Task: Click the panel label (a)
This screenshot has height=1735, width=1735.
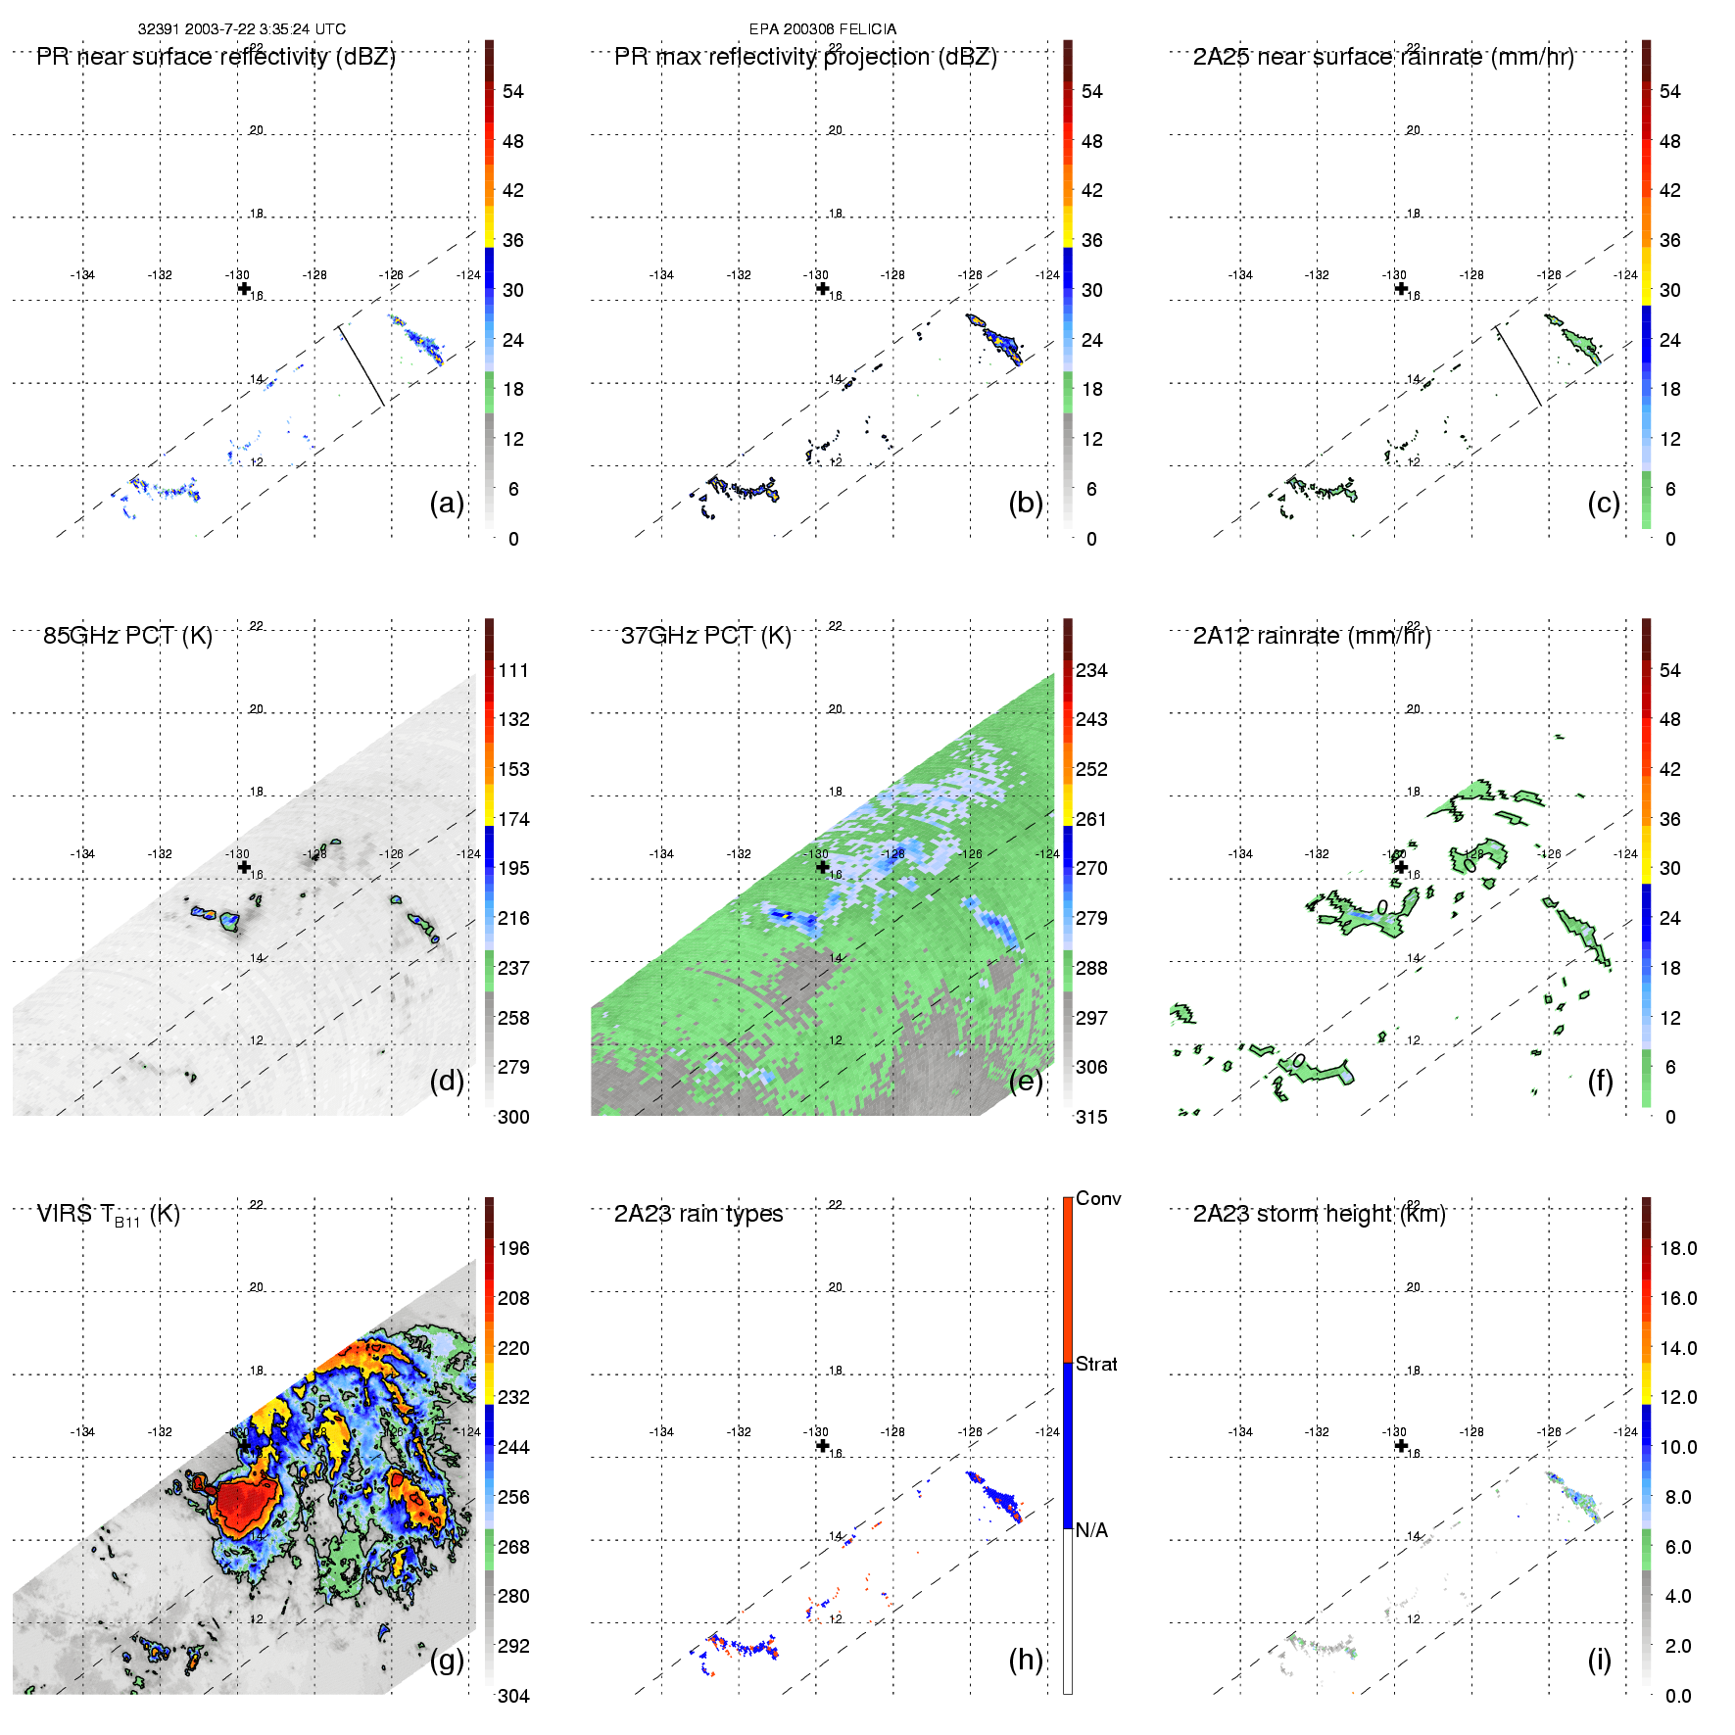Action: [447, 503]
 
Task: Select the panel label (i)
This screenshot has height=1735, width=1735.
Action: [1599, 1660]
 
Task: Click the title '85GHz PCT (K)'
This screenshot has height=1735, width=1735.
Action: [127, 635]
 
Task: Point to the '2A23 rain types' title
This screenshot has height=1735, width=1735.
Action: [699, 1214]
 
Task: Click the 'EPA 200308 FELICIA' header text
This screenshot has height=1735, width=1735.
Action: [822, 29]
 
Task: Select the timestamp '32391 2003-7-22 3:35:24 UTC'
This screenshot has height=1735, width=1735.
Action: [241, 29]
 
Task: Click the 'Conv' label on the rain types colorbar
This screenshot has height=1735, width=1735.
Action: [1098, 1198]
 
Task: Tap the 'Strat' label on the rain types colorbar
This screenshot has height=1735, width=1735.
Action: [1096, 1364]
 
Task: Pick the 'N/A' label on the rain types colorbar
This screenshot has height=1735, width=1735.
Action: [1091, 1530]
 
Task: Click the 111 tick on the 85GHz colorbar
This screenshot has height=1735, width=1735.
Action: [513, 670]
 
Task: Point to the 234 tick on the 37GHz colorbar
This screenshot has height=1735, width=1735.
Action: [1091, 670]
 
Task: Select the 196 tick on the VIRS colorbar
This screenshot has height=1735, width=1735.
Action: [513, 1248]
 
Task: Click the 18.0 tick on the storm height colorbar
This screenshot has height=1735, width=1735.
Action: [1678, 1248]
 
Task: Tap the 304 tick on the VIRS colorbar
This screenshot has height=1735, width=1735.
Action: [513, 1696]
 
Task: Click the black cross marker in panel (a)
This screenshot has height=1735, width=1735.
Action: [244, 288]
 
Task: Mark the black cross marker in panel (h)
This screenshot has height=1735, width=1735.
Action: [822, 1445]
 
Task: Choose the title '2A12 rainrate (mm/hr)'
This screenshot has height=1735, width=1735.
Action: [1312, 635]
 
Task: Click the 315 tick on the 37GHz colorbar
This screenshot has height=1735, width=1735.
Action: [1091, 1117]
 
